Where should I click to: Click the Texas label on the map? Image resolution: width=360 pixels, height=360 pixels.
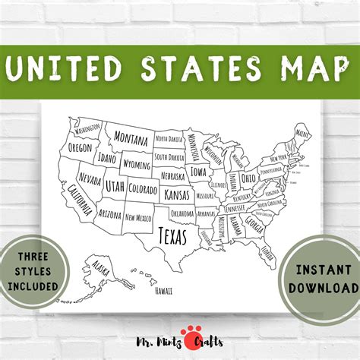click(172, 235)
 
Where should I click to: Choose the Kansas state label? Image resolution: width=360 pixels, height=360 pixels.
click(176, 195)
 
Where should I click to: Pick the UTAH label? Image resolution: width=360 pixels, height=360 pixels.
click(115, 186)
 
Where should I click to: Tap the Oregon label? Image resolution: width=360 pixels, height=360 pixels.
click(80, 148)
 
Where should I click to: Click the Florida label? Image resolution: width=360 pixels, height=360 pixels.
click(267, 251)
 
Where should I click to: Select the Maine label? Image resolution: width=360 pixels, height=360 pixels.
click(303, 134)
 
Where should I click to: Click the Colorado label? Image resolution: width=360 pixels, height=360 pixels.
click(143, 187)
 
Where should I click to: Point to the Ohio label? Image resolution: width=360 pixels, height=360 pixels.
click(248, 179)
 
